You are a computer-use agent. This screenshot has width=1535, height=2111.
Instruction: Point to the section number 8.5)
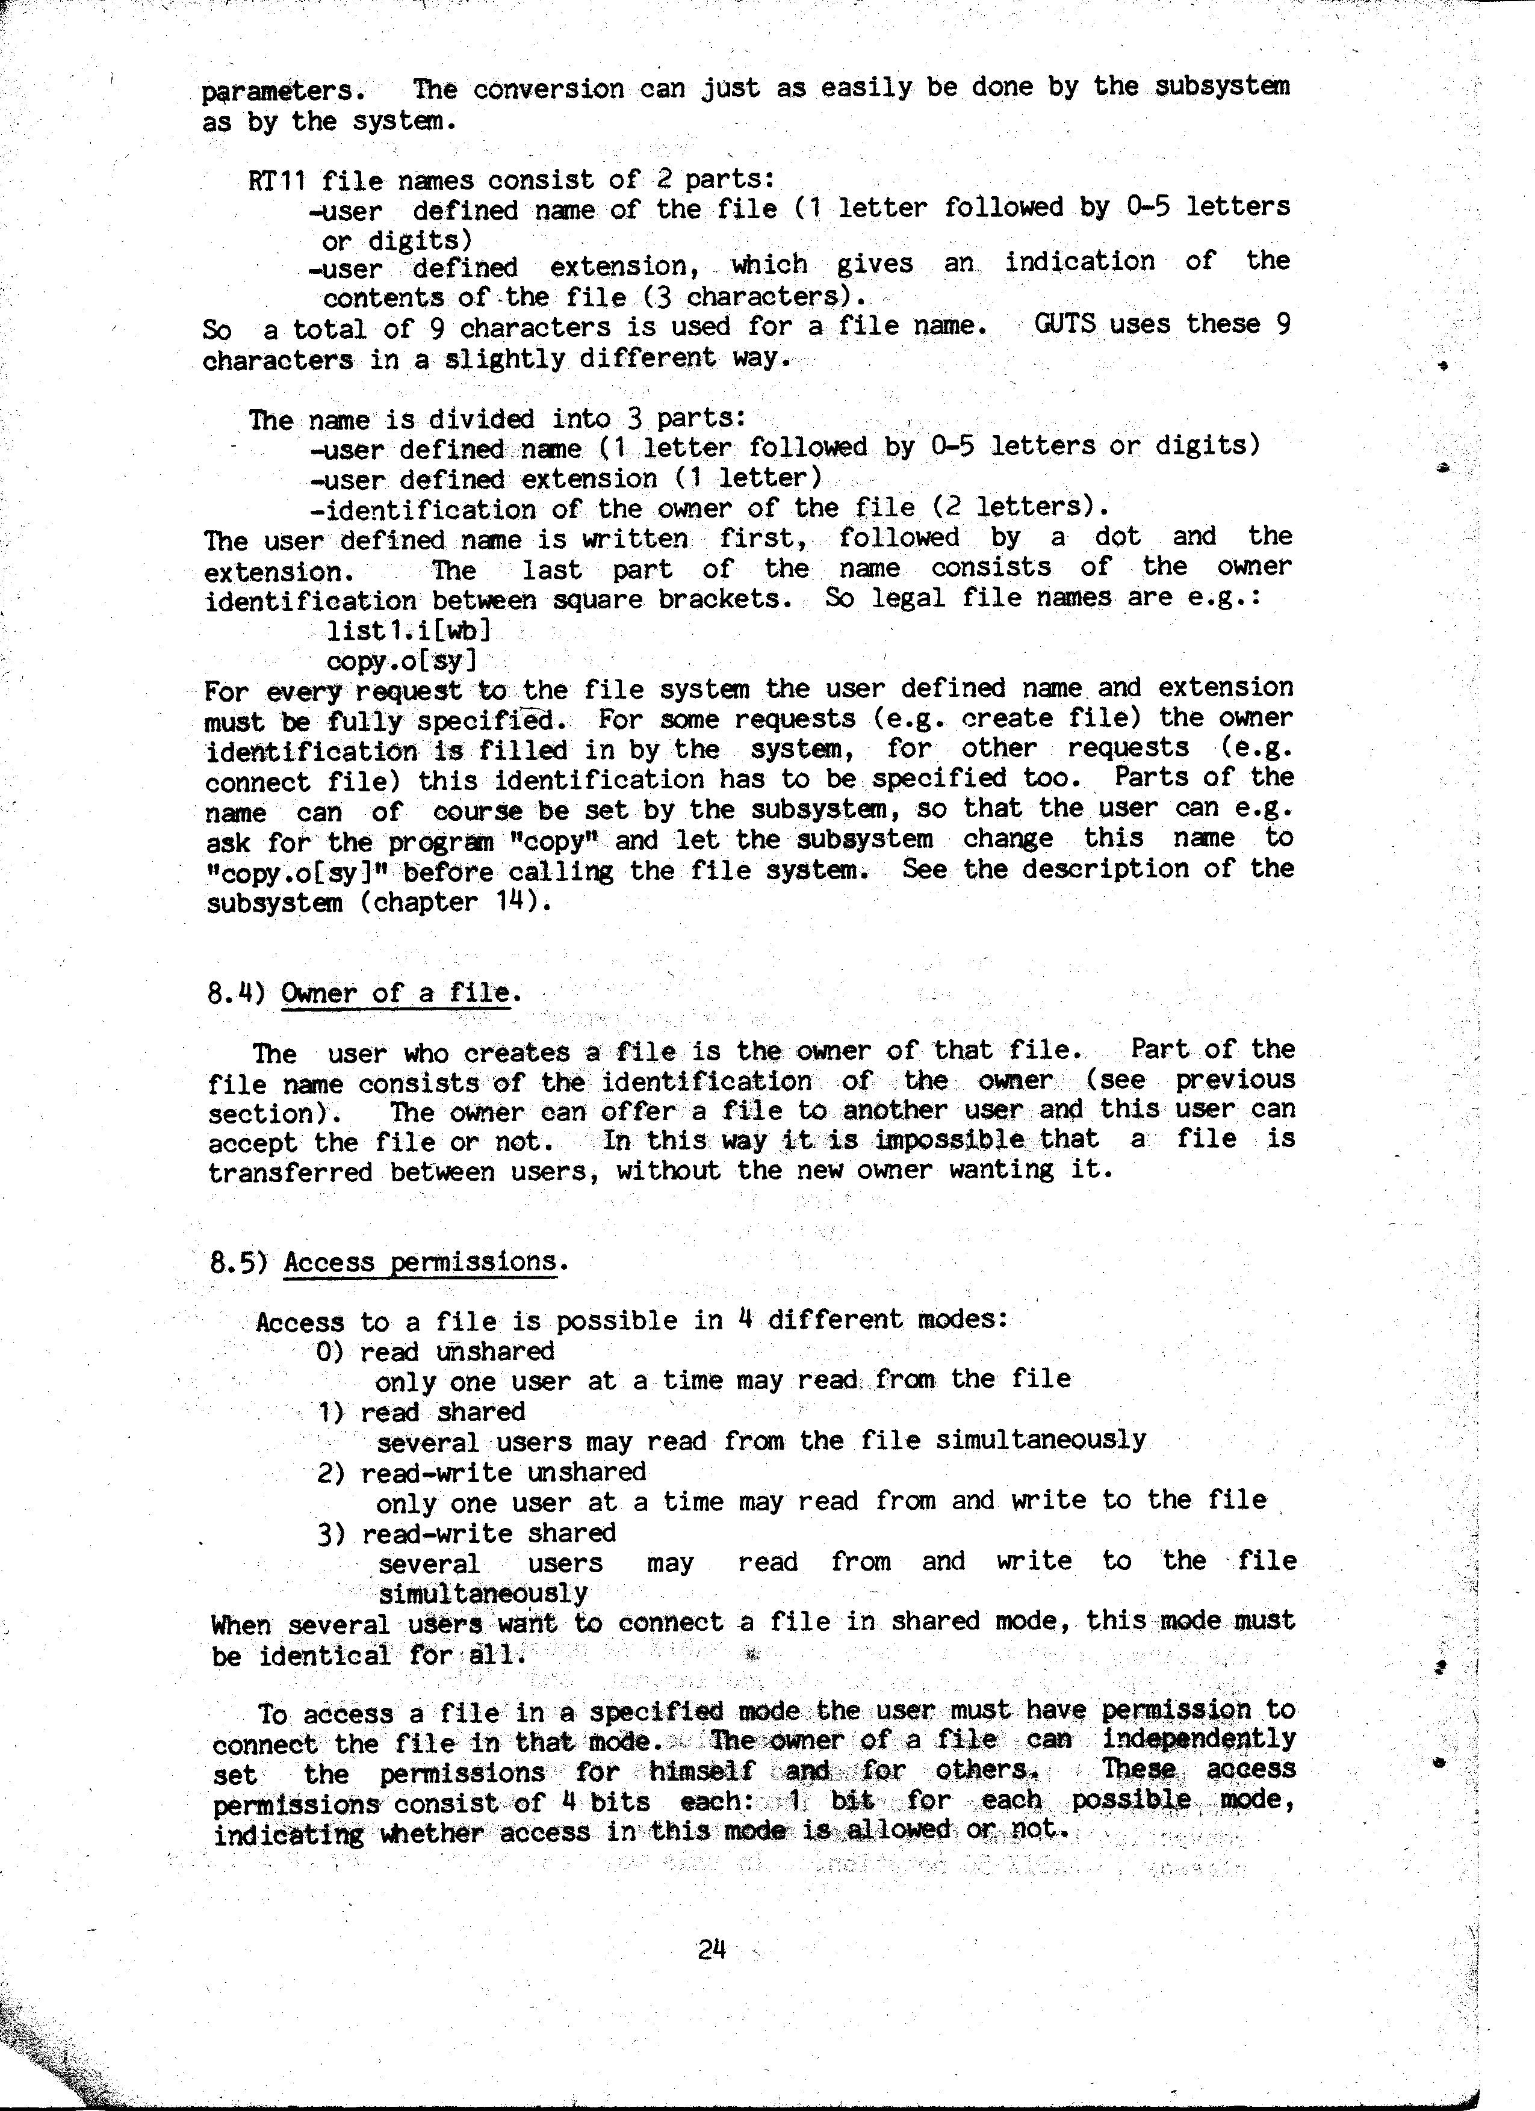click(238, 1263)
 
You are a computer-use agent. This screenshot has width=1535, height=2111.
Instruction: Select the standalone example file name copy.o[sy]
click(401, 661)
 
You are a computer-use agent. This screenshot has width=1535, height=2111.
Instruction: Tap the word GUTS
click(1065, 325)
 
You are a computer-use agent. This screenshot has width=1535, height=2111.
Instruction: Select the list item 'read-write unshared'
click(503, 1473)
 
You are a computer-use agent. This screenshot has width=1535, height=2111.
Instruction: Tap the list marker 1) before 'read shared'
click(332, 1412)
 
